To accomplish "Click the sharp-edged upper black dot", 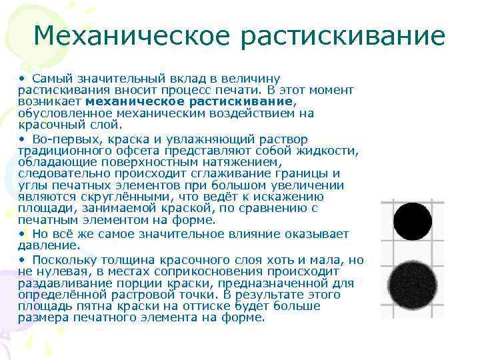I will tap(412, 221).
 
